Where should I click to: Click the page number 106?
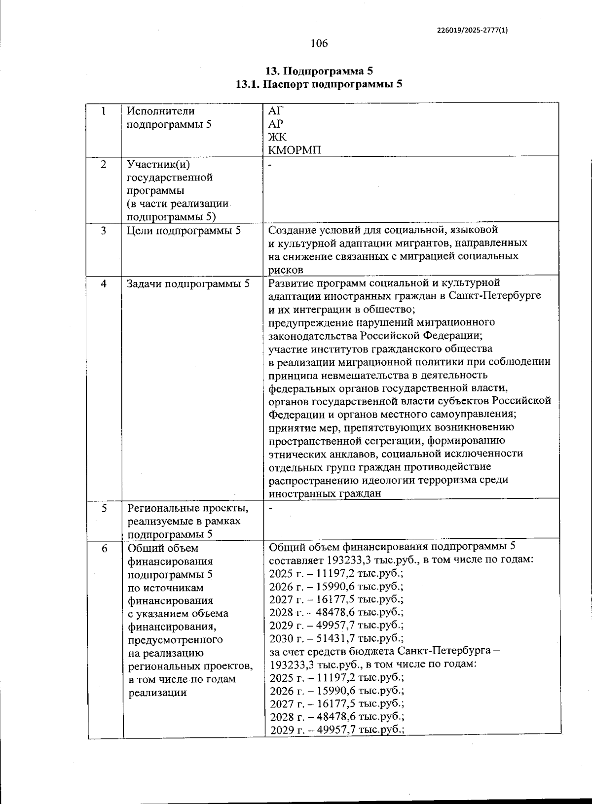(x=319, y=43)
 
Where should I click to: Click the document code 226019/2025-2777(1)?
(x=472, y=30)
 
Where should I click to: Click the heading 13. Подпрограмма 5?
(x=319, y=70)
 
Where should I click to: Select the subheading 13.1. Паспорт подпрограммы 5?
(x=319, y=84)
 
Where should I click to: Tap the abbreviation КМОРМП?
(x=295, y=150)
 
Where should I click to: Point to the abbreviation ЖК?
(x=277, y=137)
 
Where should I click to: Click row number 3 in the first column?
(x=104, y=231)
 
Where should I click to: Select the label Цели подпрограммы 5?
(x=184, y=231)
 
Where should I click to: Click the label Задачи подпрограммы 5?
(x=188, y=283)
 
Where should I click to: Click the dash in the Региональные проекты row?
(x=270, y=508)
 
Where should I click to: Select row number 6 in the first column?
(x=105, y=548)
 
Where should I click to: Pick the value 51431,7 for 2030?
(x=336, y=639)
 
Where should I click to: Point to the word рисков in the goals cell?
(x=286, y=270)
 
